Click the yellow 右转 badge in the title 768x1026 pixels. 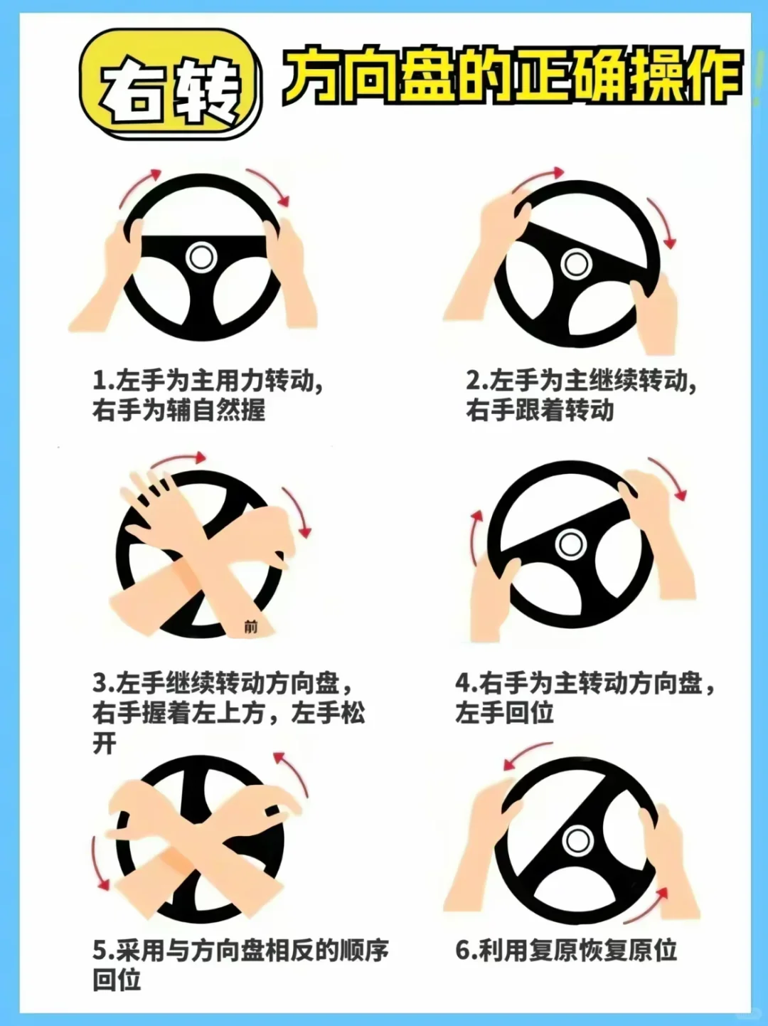[x=170, y=84]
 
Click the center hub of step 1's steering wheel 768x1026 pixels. [x=201, y=258]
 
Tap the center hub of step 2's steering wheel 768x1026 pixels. [x=576, y=264]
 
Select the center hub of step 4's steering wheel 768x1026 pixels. [x=570, y=544]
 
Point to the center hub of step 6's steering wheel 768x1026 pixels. [x=577, y=841]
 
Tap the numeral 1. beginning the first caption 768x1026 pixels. [x=104, y=381]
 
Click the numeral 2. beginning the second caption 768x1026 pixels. [x=477, y=381]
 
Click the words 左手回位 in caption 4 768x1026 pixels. [x=504, y=713]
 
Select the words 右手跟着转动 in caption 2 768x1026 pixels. [x=540, y=410]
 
